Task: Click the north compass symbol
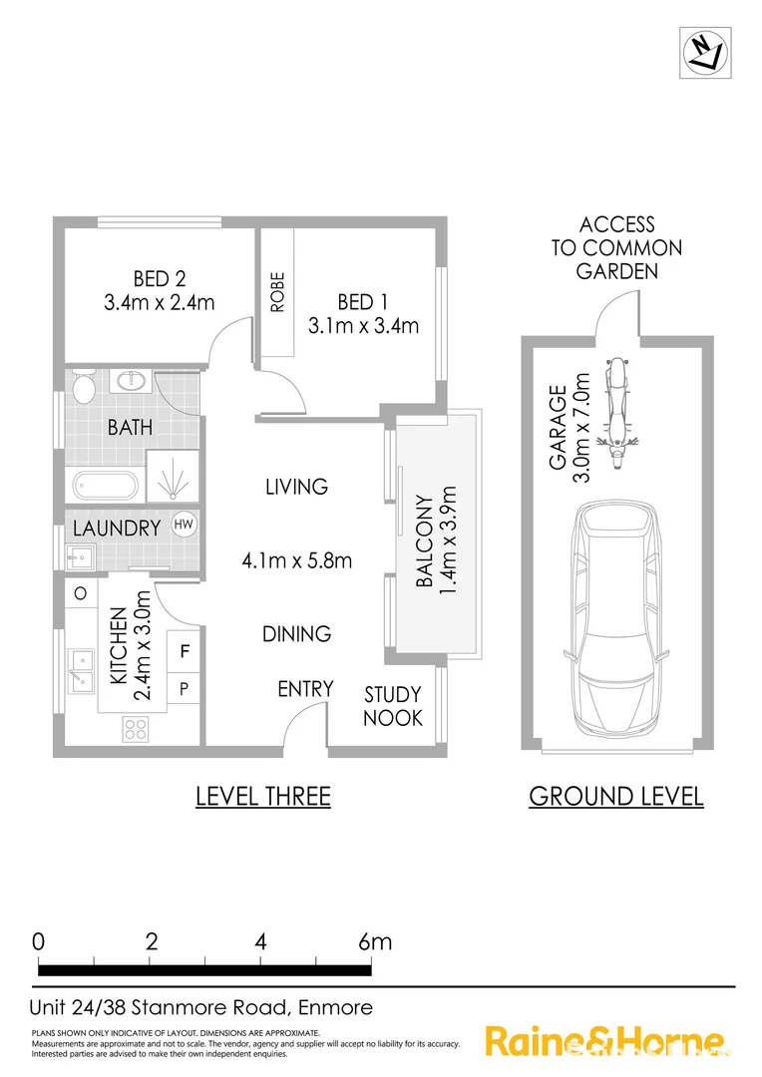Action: tap(705, 49)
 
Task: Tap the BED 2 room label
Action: tap(160, 278)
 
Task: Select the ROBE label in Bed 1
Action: tap(278, 293)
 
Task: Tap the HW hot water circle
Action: tap(184, 525)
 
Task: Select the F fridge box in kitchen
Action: tap(185, 653)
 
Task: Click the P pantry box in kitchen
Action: tap(185, 688)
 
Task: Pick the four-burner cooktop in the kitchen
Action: tap(134, 729)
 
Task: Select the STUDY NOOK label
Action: tap(392, 706)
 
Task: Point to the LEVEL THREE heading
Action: tap(262, 796)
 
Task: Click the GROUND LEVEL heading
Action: tap(615, 796)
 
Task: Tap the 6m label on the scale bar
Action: tap(375, 941)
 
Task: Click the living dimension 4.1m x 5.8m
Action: tap(297, 560)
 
